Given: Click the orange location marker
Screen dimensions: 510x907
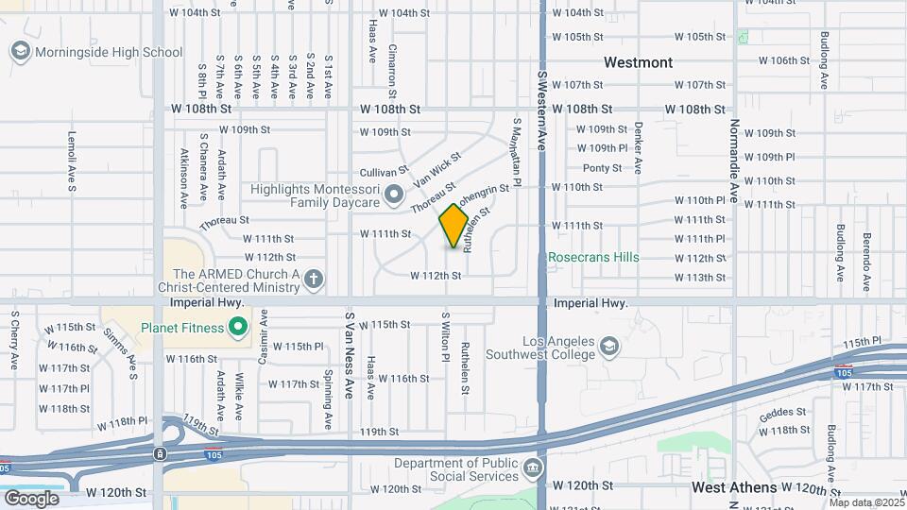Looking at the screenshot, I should pyautogui.click(x=454, y=227).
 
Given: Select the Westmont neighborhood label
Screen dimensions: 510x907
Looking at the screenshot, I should pyautogui.click(x=639, y=62).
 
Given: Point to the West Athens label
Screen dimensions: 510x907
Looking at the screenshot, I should pyautogui.click(x=734, y=487).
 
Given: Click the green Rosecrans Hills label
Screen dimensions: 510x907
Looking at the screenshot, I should pyautogui.click(x=594, y=257).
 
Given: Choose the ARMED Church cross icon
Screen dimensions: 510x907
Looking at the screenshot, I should pyautogui.click(x=314, y=279).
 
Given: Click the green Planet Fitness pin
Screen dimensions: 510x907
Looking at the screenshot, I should pyautogui.click(x=238, y=329).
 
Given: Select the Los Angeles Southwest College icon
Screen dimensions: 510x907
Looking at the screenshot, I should pyautogui.click(x=610, y=348).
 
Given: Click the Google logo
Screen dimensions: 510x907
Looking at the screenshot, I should pyautogui.click(x=31, y=499).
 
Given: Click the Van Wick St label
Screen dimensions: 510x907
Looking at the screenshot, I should pyautogui.click(x=436, y=167).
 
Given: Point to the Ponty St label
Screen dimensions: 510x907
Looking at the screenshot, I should pyautogui.click(x=602, y=168).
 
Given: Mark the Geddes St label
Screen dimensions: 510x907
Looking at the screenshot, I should pyautogui.click(x=782, y=412).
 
